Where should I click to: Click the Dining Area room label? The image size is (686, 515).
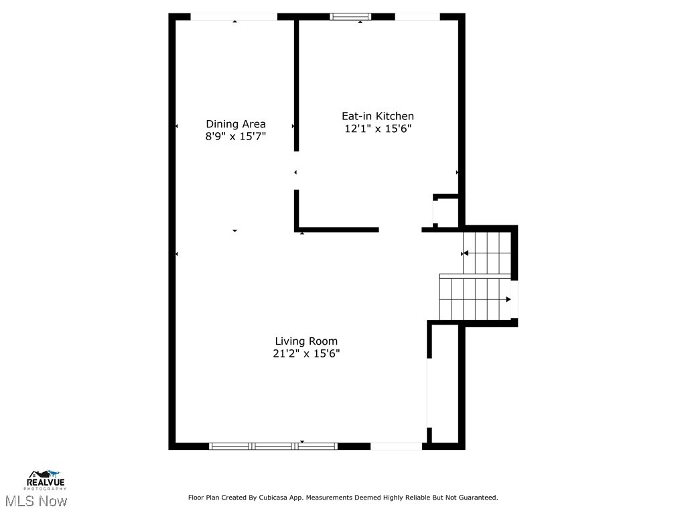(x=235, y=123)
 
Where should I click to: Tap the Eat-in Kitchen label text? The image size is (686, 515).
(x=378, y=116)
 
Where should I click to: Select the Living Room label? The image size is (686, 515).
(x=306, y=341)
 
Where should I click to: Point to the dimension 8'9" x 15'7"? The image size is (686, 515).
(x=235, y=136)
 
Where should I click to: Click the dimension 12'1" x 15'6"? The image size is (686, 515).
(x=378, y=129)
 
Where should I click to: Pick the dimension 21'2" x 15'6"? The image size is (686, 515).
(x=306, y=353)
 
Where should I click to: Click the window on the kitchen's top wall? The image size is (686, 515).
(x=350, y=17)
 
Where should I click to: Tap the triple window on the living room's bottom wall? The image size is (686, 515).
(x=273, y=446)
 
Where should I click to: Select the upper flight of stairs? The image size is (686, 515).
(x=487, y=253)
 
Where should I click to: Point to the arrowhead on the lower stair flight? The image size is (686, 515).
(x=508, y=299)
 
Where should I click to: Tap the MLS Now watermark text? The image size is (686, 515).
(x=36, y=501)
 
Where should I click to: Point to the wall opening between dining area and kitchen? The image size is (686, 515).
(x=296, y=172)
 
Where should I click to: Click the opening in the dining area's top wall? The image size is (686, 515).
(x=234, y=17)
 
